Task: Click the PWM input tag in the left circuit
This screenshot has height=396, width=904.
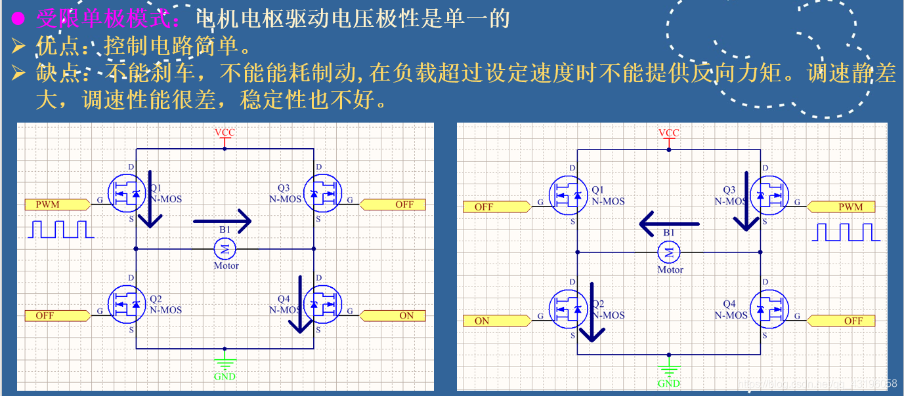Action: click(x=56, y=205)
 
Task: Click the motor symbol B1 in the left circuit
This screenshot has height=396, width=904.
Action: click(x=225, y=248)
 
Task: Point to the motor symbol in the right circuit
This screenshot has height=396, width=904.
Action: click(x=669, y=252)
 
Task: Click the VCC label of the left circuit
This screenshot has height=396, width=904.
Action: click(x=225, y=132)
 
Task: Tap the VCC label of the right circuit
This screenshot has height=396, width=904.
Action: click(x=668, y=132)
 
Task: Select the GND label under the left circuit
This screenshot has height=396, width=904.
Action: click(x=225, y=376)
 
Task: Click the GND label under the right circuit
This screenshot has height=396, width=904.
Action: click(x=668, y=383)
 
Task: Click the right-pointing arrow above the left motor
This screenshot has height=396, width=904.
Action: click(x=223, y=221)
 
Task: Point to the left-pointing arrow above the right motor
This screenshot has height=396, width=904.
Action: click(x=669, y=224)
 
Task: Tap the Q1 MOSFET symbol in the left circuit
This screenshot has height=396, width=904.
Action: click(x=126, y=193)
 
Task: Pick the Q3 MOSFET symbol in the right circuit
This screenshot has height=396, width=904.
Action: click(x=768, y=195)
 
